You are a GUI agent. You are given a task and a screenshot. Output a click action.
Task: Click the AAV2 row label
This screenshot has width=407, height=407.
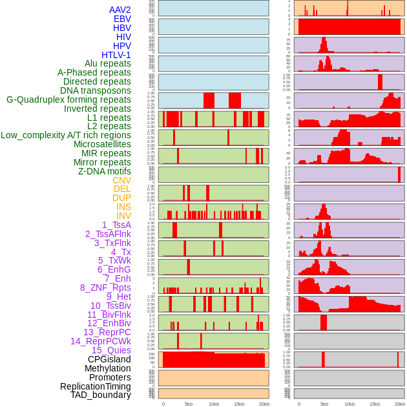(x=120, y=10)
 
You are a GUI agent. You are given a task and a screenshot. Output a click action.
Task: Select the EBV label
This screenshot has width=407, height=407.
(x=122, y=19)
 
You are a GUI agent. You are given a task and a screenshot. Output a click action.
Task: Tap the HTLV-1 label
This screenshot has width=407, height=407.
(x=116, y=55)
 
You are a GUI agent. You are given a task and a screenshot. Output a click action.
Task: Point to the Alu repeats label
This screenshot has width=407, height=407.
(x=108, y=64)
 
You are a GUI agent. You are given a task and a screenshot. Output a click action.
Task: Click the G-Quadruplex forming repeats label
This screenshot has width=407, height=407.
(x=68, y=99)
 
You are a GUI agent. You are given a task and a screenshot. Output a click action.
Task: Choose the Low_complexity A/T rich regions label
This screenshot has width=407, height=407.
(x=66, y=135)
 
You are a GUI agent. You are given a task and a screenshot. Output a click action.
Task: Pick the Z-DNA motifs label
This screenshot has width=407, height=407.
(x=104, y=171)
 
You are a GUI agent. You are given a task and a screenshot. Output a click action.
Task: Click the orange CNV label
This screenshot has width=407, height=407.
(x=121, y=180)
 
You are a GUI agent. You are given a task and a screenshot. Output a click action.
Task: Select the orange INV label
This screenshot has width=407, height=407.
(x=123, y=216)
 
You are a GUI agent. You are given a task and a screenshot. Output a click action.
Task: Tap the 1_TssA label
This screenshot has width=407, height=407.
(x=116, y=225)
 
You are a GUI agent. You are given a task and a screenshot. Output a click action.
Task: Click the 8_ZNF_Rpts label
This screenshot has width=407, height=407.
(x=105, y=287)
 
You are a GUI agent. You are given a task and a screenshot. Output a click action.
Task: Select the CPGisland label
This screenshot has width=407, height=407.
(x=109, y=359)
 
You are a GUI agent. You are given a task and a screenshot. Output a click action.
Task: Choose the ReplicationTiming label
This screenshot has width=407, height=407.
(x=96, y=386)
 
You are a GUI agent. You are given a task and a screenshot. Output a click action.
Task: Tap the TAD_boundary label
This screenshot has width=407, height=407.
(x=101, y=395)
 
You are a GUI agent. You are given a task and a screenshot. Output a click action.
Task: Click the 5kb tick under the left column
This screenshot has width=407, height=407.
(x=189, y=404)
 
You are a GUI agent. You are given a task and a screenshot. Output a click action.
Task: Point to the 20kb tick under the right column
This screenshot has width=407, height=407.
(x=400, y=404)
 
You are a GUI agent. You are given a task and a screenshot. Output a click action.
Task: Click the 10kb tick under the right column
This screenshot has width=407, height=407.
(x=350, y=404)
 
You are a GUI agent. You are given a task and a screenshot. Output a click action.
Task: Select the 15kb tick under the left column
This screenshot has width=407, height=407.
(x=239, y=404)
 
